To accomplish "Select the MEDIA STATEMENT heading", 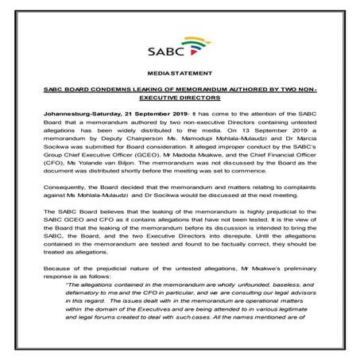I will pyautogui.click(x=180, y=72).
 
